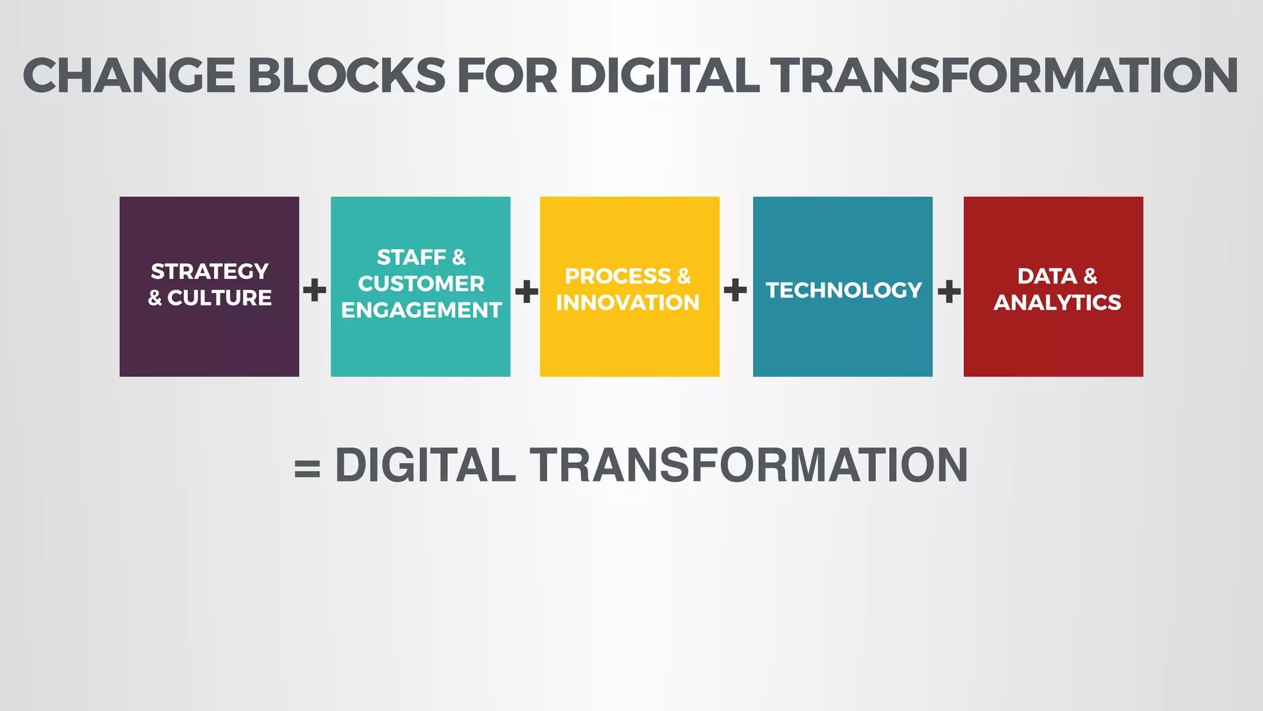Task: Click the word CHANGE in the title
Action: [x=129, y=76]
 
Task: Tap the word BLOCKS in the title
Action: [x=347, y=76]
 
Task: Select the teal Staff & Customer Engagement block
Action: [x=421, y=352]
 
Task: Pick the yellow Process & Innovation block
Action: [x=630, y=346]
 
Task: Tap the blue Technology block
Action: [x=842, y=339]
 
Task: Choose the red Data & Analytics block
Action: [x=1053, y=346]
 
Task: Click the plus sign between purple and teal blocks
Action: [x=315, y=290]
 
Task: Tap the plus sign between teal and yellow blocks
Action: [x=527, y=291]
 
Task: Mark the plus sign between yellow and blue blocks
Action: [x=735, y=289]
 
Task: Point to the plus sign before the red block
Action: [x=949, y=291]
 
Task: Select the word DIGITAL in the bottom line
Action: [x=425, y=465]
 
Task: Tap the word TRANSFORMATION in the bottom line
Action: [x=749, y=465]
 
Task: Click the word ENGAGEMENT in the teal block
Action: [x=421, y=310]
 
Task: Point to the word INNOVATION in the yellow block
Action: [x=628, y=302]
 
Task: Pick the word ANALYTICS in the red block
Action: [x=1057, y=302]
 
